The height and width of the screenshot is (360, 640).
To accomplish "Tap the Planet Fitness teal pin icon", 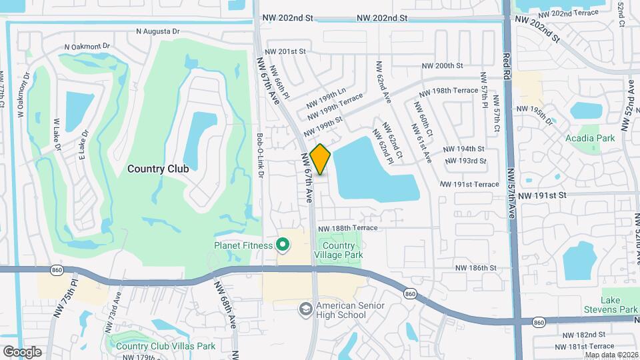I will coord(282,245).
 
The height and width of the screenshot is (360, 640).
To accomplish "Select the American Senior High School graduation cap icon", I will coord(305,309).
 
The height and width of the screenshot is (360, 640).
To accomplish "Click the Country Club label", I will coord(158,169).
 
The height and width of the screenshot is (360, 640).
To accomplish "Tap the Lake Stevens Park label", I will coord(619,305).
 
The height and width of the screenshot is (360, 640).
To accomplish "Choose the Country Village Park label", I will coord(338,249).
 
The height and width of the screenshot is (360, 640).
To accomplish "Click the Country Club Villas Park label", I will coord(165,345).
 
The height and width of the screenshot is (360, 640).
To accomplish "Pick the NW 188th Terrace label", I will coord(347,228).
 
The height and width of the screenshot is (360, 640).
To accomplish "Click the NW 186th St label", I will coord(476,267).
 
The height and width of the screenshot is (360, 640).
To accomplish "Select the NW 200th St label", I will coord(443,65).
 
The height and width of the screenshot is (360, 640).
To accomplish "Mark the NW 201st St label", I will coord(285,51).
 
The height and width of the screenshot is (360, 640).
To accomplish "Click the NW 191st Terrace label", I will coord(469,184).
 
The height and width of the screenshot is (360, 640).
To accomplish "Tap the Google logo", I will coord(22,351).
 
